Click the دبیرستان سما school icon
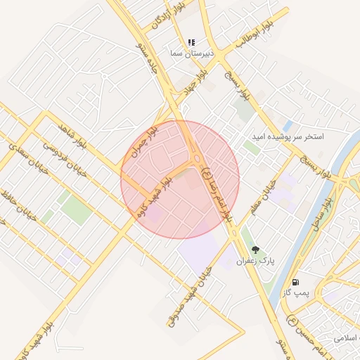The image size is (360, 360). (x=192, y=43)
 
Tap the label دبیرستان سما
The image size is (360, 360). (x=188, y=53)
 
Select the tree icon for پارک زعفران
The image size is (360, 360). (x=255, y=250)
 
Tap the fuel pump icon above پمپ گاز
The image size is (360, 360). (x=294, y=282)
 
